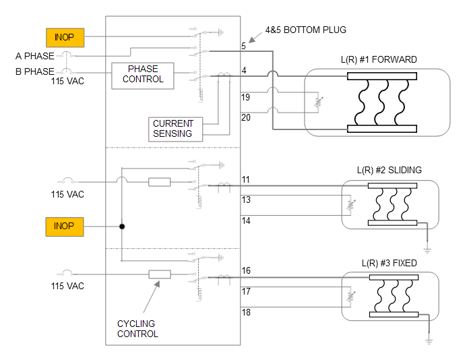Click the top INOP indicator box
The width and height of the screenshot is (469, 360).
tap(65, 37)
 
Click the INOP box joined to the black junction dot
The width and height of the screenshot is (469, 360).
tap(65, 227)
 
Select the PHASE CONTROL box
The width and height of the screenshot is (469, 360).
tap(143, 76)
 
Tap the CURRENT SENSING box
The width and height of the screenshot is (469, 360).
tap(176, 129)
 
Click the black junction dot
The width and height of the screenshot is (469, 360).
tap(122, 227)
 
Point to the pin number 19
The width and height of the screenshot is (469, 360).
tap(245, 97)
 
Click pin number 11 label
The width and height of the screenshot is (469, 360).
tap(245, 179)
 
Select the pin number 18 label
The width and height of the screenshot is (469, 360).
tap(246, 312)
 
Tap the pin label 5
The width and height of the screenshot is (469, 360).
tap(243, 46)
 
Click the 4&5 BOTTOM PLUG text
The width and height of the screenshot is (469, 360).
tap(306, 30)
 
